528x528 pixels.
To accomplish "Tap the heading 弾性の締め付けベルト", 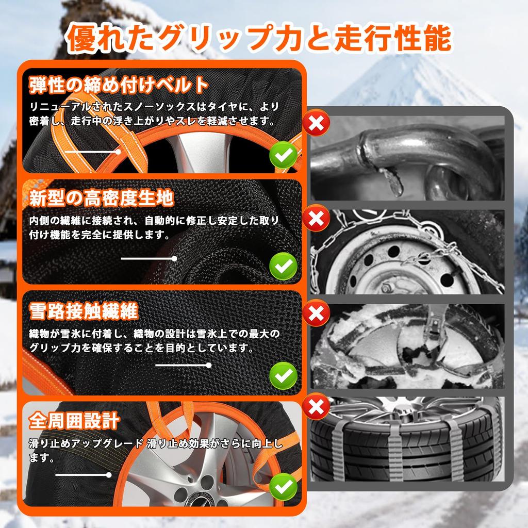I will coord(119,84).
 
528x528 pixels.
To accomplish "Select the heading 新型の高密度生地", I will coord(101,197).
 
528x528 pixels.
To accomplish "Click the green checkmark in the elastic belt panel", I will coord(283,154).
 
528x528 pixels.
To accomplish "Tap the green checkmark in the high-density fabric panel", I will coord(283,267).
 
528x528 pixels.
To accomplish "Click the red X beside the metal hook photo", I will coord(316,123).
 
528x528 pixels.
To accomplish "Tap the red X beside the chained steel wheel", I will coord(316,218).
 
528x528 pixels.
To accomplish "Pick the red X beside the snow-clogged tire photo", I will coord(316,312).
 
